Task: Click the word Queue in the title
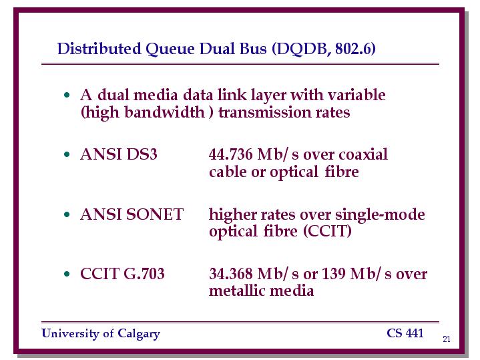[170, 49]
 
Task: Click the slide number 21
[447, 339]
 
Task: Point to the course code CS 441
[405, 333]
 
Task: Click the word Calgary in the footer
[139, 334]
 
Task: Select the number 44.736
[231, 154]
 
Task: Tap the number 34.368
[231, 274]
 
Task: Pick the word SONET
[155, 214]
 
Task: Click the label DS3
[142, 154]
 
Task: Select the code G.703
[144, 274]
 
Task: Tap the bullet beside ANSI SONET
[67, 214]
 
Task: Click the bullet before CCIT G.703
[67, 274]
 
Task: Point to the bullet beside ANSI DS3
[67, 154]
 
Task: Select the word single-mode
[380, 215]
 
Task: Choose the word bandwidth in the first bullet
[164, 112]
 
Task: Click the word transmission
[264, 112]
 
